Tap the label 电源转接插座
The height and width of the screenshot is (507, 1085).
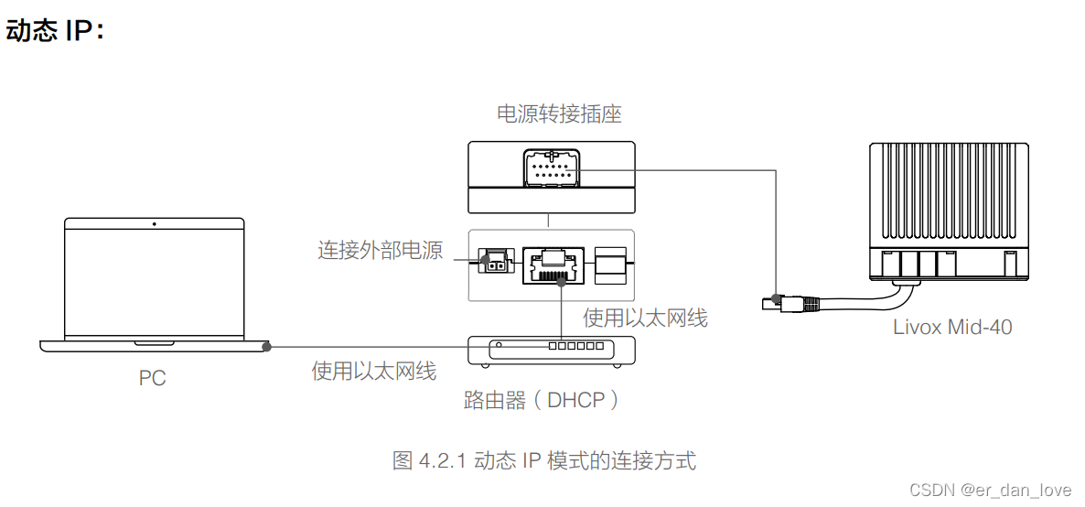point(559,114)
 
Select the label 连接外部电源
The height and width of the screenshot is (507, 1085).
point(380,250)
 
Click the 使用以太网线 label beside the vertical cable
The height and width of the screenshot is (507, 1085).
point(645,318)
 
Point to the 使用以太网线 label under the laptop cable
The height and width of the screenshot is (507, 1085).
point(373,371)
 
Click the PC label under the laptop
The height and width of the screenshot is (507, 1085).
point(153,378)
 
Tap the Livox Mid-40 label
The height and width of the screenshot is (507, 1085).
point(952,327)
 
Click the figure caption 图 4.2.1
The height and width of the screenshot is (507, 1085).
point(543,460)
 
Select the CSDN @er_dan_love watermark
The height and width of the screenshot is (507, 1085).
point(1002,490)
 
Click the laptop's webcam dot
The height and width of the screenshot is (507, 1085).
point(154,223)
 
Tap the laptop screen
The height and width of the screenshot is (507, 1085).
point(154,279)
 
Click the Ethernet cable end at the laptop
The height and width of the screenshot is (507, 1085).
point(266,347)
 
